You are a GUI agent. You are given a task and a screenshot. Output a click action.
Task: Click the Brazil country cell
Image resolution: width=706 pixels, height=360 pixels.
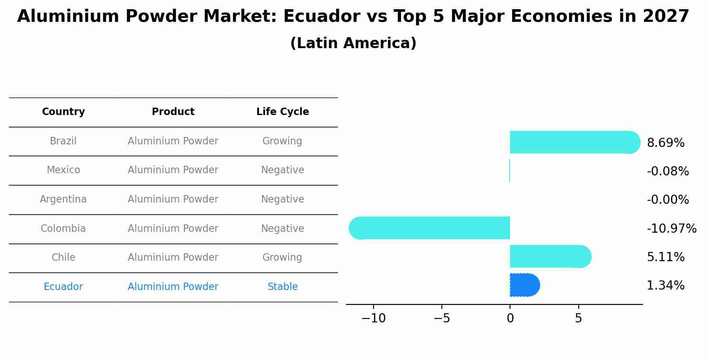(x=63, y=141)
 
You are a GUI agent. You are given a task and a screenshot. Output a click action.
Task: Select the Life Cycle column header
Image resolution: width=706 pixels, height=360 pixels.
(x=283, y=112)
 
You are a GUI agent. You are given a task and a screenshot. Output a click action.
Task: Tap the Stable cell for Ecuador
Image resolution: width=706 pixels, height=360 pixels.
(x=283, y=287)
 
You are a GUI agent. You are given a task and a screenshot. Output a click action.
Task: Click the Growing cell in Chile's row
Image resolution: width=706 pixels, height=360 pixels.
(x=282, y=258)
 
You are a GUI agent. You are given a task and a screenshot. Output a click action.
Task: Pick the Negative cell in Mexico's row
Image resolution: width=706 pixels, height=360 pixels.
(x=283, y=170)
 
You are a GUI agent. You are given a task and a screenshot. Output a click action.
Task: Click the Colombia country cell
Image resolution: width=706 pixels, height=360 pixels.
(x=63, y=229)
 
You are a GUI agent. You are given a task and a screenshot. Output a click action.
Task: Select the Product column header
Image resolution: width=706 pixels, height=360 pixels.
(x=173, y=112)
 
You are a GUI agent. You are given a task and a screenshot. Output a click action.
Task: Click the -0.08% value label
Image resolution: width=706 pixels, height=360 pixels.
(x=668, y=171)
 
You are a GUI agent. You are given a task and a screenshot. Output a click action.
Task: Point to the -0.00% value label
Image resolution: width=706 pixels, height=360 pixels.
(x=668, y=200)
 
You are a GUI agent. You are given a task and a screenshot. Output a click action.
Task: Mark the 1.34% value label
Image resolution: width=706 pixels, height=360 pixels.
(x=665, y=286)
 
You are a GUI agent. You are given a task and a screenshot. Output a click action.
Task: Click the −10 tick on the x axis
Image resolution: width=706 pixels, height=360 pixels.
(x=373, y=318)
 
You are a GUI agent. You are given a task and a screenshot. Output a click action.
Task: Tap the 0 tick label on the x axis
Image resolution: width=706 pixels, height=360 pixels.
(x=510, y=318)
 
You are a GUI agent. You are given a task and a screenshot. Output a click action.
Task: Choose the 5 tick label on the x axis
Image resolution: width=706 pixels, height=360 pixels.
(x=578, y=318)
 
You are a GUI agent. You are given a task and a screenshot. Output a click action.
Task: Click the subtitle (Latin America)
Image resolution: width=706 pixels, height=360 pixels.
(x=353, y=43)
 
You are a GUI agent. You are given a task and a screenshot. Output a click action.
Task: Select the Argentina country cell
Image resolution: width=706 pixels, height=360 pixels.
(x=63, y=199)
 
